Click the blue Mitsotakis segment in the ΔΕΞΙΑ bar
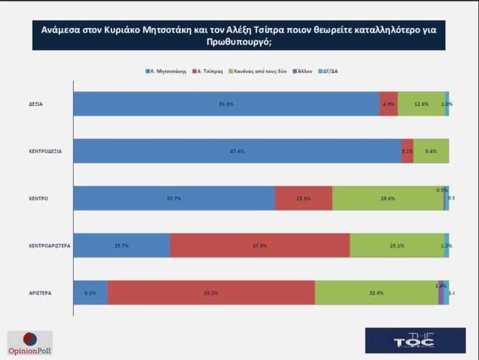[226, 104]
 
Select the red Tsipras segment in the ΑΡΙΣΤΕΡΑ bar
[211, 293]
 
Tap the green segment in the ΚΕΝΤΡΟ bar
[388, 198]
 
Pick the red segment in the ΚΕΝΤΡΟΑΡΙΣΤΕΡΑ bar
[259, 245]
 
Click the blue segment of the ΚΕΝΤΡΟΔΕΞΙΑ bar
[237, 151]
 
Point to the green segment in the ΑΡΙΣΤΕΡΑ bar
[376, 293]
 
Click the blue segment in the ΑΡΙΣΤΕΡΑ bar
[91, 293]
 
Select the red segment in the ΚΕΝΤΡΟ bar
[303, 198]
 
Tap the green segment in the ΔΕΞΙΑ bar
[421, 104]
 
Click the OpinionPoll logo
[29, 343]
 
